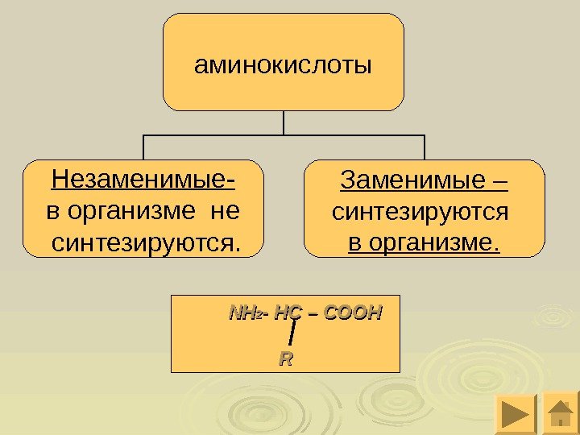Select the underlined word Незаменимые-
tap(148, 178)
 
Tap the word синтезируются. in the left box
tap(146, 241)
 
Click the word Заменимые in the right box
tap(403, 180)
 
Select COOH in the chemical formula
tap(351, 313)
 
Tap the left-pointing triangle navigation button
tap(513, 414)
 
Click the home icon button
tap(561, 414)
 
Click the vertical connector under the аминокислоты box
tap(284, 122)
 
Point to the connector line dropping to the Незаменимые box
tap(143, 147)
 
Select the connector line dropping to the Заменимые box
tap(424, 147)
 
